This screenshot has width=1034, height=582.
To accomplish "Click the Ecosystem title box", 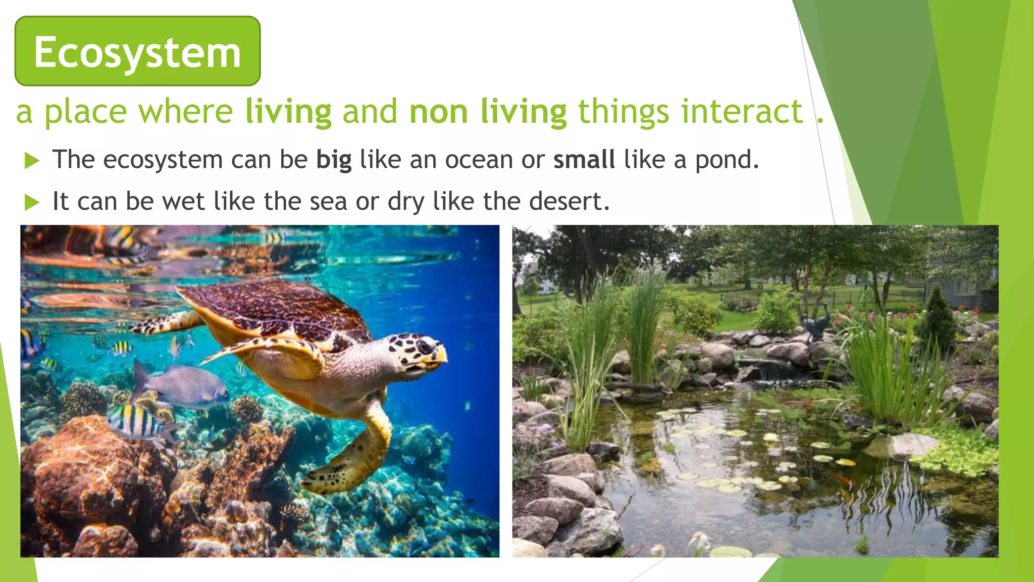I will coord(137,52).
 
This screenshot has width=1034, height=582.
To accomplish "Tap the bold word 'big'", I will coord(334,160).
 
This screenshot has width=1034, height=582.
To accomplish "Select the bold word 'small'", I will coord(584,160).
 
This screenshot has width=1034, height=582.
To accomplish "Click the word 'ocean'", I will coord(479,160).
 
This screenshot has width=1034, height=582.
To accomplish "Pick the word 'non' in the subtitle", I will coord(439,112).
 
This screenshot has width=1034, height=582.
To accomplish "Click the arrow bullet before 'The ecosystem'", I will coord(32,161).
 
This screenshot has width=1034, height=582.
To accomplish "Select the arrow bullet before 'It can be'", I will coord(32,203).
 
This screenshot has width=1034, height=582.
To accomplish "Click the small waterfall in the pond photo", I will coord(757,371).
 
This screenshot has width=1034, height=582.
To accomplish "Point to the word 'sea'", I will coord(328,202).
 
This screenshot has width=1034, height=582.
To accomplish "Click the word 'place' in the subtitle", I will coord(86,112).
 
